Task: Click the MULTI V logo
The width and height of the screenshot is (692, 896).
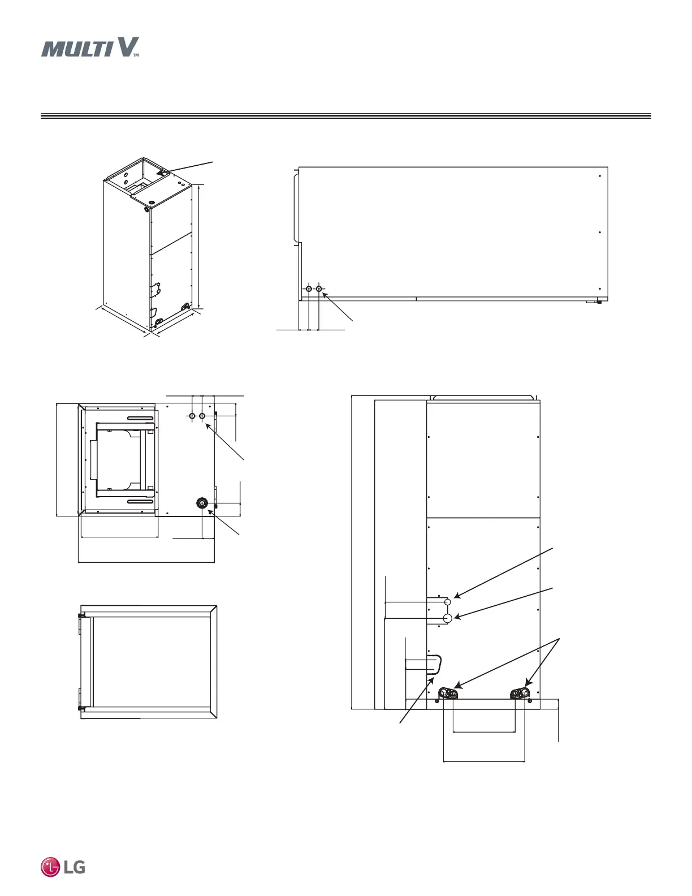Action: point(89,48)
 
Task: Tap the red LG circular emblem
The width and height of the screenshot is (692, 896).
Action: point(50,867)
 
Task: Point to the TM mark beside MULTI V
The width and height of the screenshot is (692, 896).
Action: point(136,55)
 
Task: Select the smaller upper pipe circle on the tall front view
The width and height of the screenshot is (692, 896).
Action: point(447,602)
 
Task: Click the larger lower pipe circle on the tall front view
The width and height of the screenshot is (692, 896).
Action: point(447,618)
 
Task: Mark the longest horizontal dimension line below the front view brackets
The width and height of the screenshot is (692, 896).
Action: point(484,761)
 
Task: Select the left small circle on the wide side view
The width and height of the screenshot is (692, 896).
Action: point(308,289)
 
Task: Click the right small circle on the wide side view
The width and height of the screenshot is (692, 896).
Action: point(319,289)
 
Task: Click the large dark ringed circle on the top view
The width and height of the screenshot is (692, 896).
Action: point(202,503)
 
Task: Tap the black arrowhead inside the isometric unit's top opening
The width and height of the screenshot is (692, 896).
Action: point(160,171)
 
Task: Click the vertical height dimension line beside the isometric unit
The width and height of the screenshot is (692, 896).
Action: point(198,247)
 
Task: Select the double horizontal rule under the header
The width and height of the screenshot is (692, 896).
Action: point(345,116)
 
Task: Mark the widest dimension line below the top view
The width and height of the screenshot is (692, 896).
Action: point(146,562)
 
